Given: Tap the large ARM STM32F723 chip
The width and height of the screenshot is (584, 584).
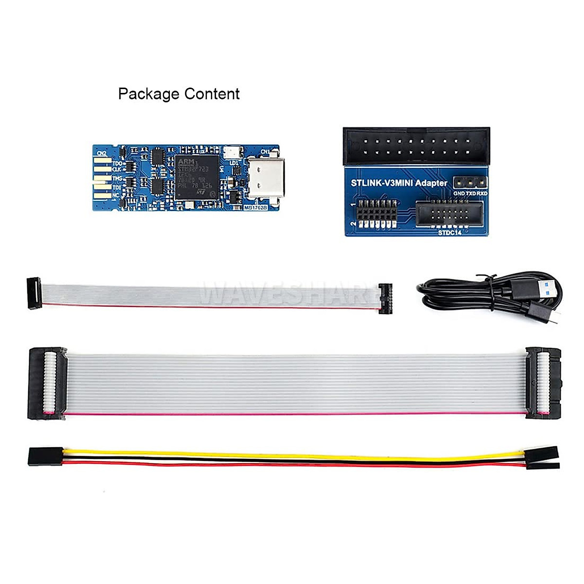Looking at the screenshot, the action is pyautogui.click(x=198, y=177).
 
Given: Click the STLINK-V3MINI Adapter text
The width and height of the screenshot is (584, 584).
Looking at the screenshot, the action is pyautogui.click(x=399, y=183).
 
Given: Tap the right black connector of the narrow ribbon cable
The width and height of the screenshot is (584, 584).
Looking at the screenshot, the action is pyautogui.click(x=385, y=297).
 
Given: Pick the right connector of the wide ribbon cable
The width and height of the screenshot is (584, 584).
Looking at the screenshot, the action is pyautogui.click(x=543, y=383).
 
